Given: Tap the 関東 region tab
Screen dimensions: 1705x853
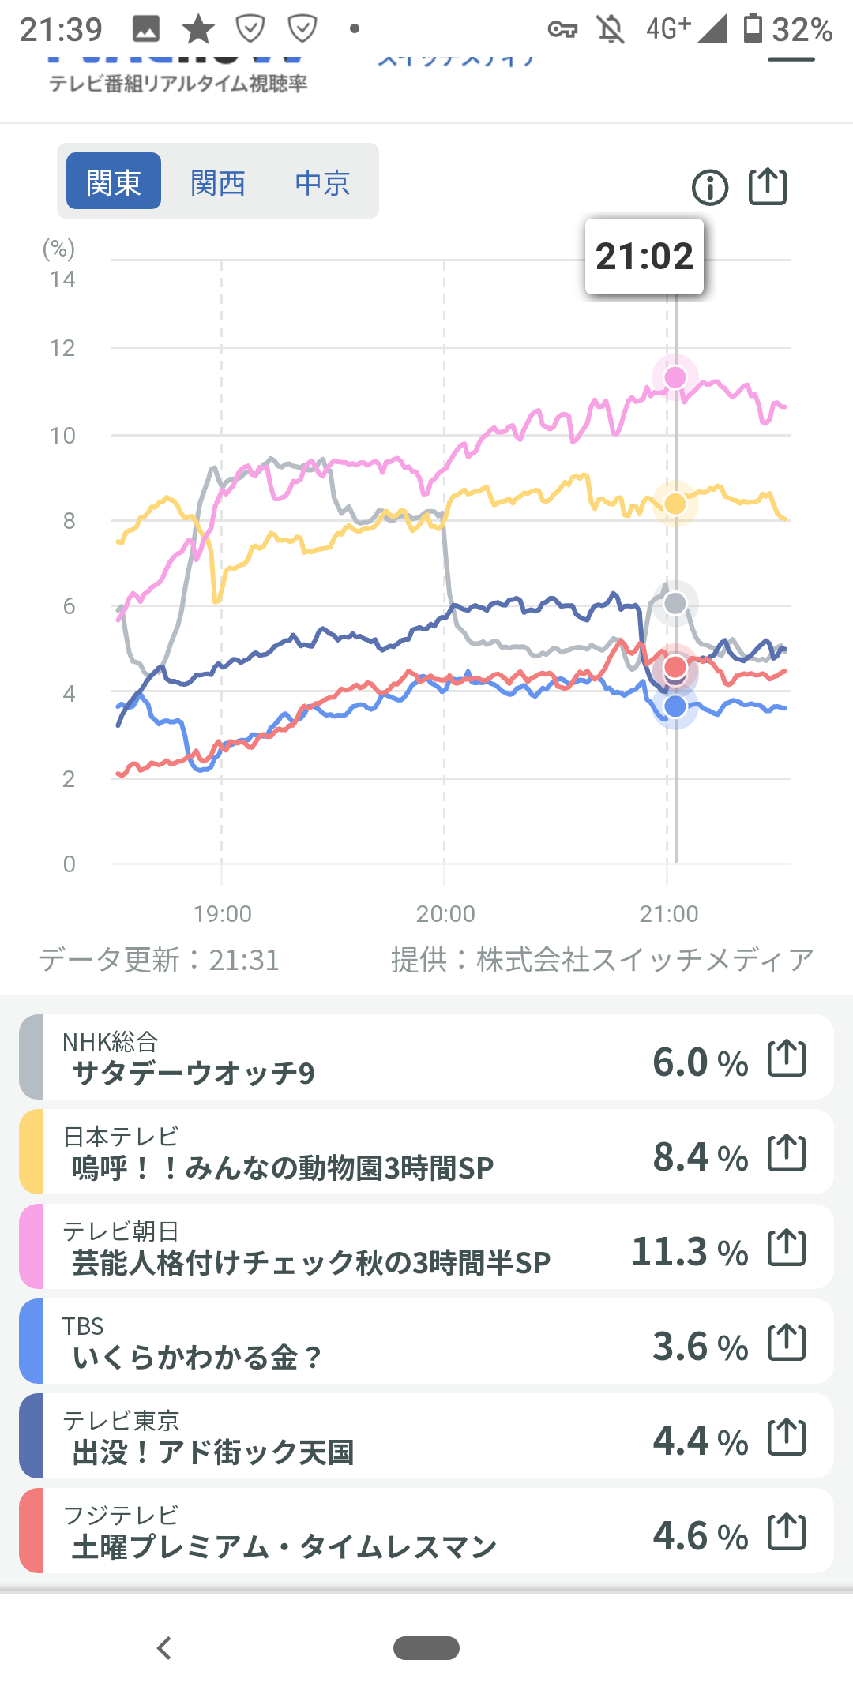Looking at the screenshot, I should (114, 182).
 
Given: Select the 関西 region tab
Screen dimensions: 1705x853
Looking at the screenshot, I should (218, 183).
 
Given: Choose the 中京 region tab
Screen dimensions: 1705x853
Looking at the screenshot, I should (322, 183).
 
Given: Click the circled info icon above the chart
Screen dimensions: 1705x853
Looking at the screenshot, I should (709, 188).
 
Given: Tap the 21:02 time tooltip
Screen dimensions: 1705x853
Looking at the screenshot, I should (644, 257).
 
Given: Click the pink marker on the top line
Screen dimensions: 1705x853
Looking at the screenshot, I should (675, 377).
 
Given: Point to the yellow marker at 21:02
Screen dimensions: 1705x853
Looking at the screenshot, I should (675, 504).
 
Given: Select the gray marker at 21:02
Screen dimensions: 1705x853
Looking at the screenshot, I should (675, 604).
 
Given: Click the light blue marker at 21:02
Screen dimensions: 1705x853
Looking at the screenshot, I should (675, 706).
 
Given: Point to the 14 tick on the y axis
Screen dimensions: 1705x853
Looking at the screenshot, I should (62, 279).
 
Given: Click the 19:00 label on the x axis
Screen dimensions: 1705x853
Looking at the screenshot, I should (222, 914).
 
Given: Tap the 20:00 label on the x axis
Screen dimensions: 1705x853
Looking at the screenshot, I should (445, 914).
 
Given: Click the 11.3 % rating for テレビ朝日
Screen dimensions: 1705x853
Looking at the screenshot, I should (690, 1252).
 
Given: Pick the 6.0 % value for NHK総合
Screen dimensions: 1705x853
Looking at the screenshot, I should (700, 1062).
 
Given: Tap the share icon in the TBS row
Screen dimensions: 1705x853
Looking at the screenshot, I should (787, 1342).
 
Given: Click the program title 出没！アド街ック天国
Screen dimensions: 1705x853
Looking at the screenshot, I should (212, 1452).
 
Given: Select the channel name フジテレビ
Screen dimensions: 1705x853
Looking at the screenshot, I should (121, 1515).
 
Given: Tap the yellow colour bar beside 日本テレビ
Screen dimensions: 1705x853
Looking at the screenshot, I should (31, 1152).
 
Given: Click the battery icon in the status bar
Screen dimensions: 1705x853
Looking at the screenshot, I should (753, 28).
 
